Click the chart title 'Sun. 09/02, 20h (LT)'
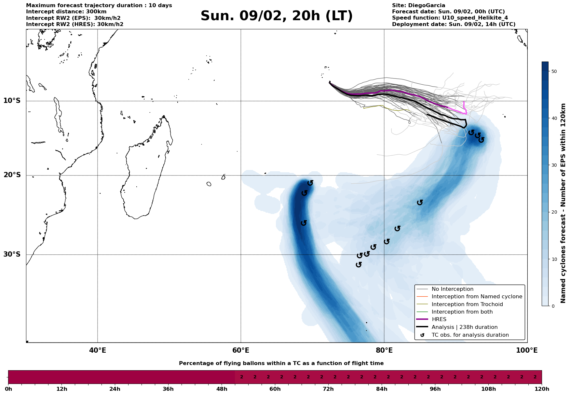pyautogui.click(x=277, y=16)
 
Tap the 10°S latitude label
pyautogui.click(x=12, y=101)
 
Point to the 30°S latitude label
pyautogui.click(x=12, y=254)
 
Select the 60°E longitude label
pyautogui.click(x=241, y=350)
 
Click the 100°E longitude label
pyautogui.click(x=527, y=350)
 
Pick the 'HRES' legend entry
pyautogui.click(x=439, y=319)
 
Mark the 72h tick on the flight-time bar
pyautogui.click(x=328, y=389)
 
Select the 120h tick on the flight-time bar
pyautogui.click(x=542, y=389)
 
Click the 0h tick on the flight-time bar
pyautogui.click(x=8, y=389)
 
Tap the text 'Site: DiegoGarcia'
pyautogui.click(x=418, y=6)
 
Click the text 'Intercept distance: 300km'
pyautogui.click(x=66, y=12)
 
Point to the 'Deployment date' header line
pyautogui.click(x=454, y=24)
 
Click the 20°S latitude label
pyautogui.click(x=12, y=175)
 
